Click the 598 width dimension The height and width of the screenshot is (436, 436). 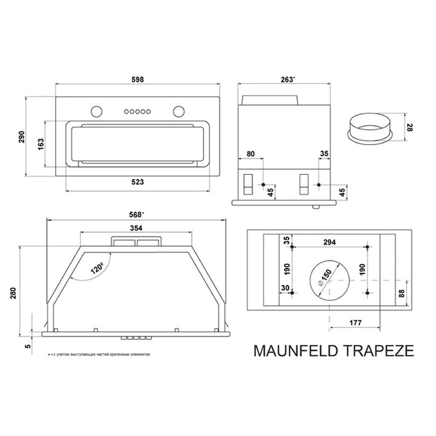[137, 79]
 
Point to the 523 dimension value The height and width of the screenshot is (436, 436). [137, 182]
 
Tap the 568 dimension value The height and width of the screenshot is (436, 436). [137, 215]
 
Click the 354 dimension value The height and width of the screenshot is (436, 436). [136, 228]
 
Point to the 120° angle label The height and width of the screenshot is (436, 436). [97, 267]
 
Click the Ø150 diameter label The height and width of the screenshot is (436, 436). [325, 277]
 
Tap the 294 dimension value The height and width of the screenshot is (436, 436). [330, 243]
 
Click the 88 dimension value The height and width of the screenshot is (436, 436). [402, 293]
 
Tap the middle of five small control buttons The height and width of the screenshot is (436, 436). [137, 112]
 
